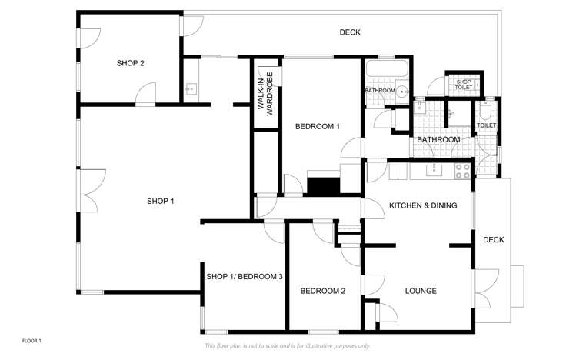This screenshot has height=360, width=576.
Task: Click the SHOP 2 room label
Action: pyautogui.click(x=131, y=64)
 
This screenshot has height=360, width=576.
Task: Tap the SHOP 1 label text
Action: pyautogui.click(x=161, y=202)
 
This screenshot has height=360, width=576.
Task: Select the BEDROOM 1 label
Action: pyautogui.click(x=318, y=126)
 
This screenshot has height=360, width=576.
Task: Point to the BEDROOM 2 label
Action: pyautogui.click(x=322, y=291)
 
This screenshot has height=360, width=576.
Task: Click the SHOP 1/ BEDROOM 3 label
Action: pyautogui.click(x=245, y=277)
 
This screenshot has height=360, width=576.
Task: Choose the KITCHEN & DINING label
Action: pyautogui.click(x=423, y=205)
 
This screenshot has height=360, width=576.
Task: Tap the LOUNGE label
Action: pyautogui.click(x=421, y=291)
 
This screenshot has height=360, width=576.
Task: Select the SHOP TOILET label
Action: pyautogui.click(x=464, y=85)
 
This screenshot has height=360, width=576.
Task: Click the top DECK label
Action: pyautogui.click(x=350, y=32)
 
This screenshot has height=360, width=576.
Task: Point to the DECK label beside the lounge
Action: pyautogui.click(x=493, y=240)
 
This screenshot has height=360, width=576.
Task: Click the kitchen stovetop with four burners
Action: pyautogui.click(x=463, y=171)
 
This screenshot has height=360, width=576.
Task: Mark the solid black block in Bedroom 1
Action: pyautogui.click(x=323, y=185)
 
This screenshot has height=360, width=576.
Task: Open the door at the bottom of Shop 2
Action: pyautogui.click(x=144, y=96)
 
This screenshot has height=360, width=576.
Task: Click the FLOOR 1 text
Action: pyautogui.click(x=32, y=339)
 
